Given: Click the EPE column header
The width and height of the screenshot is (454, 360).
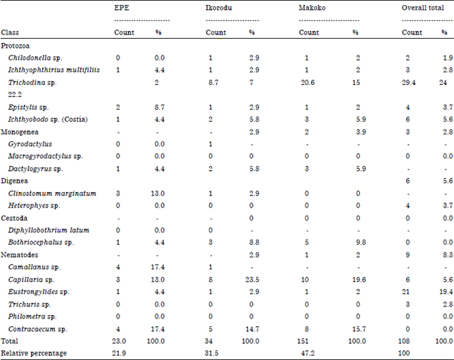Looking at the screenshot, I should click(x=121, y=9).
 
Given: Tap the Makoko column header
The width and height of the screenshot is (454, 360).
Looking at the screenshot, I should click(x=313, y=9).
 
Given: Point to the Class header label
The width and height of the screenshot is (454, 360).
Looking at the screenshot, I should click(x=11, y=33).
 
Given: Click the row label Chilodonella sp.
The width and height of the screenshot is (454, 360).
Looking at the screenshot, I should click(x=36, y=57).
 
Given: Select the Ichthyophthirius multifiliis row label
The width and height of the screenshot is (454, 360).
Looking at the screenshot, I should click(x=53, y=70).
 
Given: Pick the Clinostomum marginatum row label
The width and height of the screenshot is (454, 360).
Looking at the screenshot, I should click(x=52, y=193).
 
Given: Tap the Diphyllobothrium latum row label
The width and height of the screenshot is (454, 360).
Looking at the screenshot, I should click(x=49, y=230).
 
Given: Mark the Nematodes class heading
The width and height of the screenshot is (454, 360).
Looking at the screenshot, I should click(x=23, y=255).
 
